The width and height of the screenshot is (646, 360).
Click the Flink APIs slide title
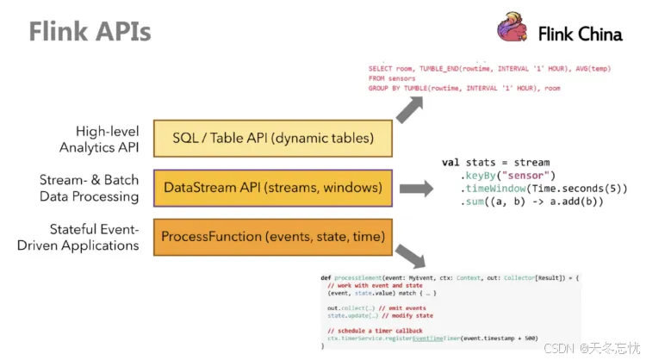pyautogui.click(x=90, y=32)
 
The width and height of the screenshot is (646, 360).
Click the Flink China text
pyautogui.click(x=580, y=34)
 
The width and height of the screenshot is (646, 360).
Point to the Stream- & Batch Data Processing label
pyautogui.click(x=89, y=188)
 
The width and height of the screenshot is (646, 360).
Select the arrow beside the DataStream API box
pyautogui.click(x=418, y=189)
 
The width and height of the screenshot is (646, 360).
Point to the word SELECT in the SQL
pyautogui.click(x=380, y=68)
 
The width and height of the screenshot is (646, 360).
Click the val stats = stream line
pyautogui.click(x=495, y=162)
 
